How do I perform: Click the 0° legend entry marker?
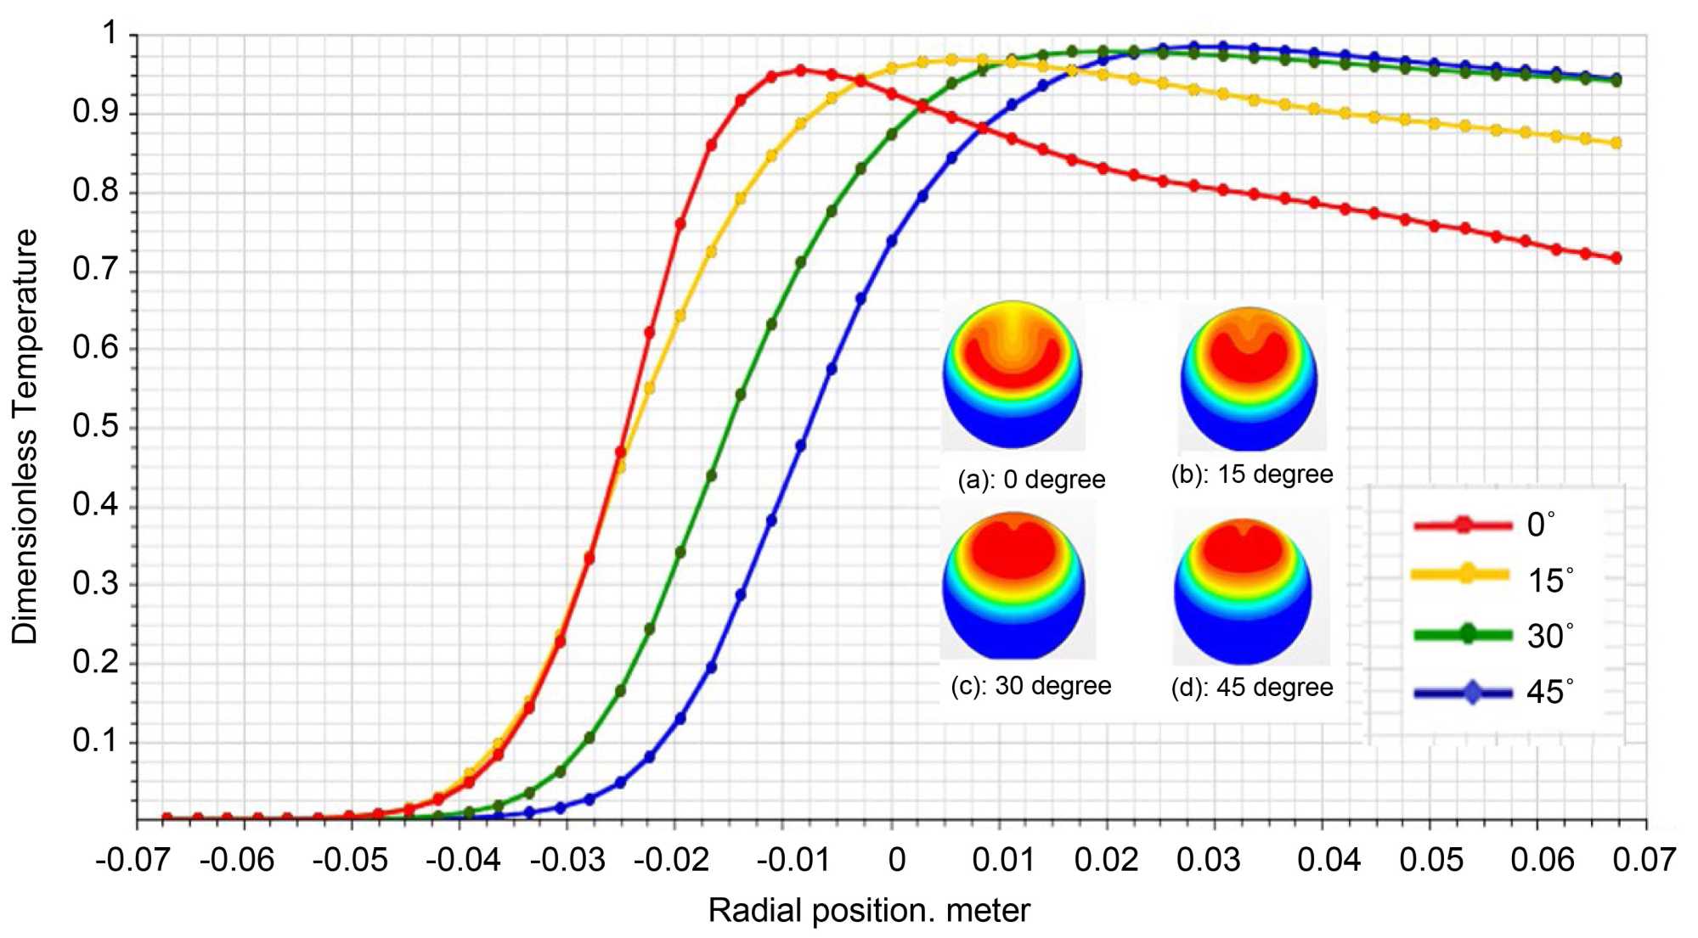tap(1463, 525)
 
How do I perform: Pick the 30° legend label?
tap(1550, 636)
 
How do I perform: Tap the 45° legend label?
tap(1550, 692)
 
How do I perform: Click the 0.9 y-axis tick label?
tap(95, 112)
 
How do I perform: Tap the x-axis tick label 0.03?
tap(1208, 861)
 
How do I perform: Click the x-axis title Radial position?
tap(868, 911)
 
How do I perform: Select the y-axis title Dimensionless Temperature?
tap(25, 436)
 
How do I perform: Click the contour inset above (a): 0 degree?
tap(1013, 374)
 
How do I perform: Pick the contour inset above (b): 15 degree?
tap(1249, 378)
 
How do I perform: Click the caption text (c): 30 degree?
tap(1030, 686)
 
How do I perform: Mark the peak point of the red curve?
tap(800, 70)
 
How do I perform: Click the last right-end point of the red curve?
tap(1616, 258)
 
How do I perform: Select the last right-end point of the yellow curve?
tap(1616, 143)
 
